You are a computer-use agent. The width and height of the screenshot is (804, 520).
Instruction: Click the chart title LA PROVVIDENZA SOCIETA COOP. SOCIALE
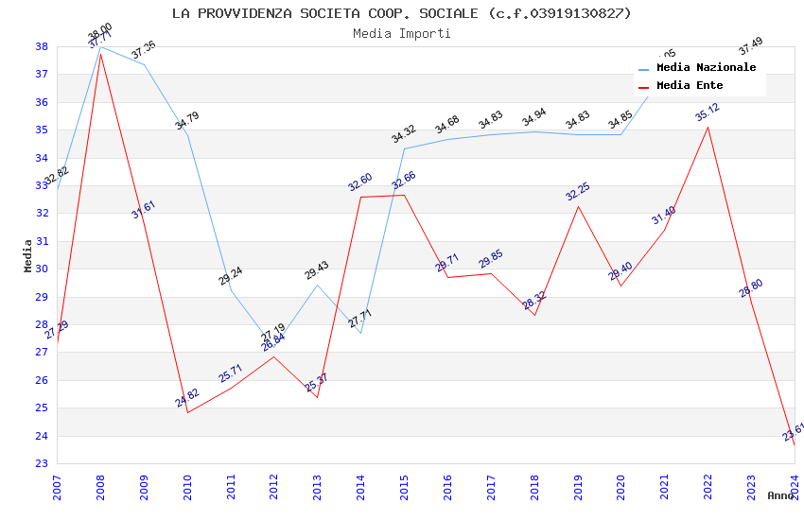pos(401,13)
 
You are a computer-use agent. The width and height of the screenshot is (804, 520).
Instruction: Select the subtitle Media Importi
pos(401,33)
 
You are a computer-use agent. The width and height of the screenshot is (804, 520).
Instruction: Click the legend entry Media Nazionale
pos(706,67)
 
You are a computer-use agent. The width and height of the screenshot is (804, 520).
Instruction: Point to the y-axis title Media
pos(27,255)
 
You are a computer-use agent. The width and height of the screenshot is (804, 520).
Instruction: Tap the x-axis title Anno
pos(780,495)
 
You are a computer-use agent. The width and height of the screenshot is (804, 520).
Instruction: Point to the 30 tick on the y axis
pos(42,269)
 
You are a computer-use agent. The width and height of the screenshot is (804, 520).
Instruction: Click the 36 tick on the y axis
pos(42,102)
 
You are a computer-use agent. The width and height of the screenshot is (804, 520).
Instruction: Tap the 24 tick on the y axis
pos(42,436)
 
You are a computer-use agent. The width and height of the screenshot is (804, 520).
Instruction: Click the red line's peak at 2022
pos(708,127)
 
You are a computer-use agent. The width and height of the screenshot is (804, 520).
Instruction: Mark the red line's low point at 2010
pos(187,413)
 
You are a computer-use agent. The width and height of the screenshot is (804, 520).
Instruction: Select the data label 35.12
pos(708,113)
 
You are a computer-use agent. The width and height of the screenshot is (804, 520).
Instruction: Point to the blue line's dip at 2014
pos(360,333)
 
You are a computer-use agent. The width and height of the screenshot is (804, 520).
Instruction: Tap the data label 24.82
pos(187,398)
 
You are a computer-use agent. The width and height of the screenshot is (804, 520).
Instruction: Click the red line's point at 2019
pos(578,206)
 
